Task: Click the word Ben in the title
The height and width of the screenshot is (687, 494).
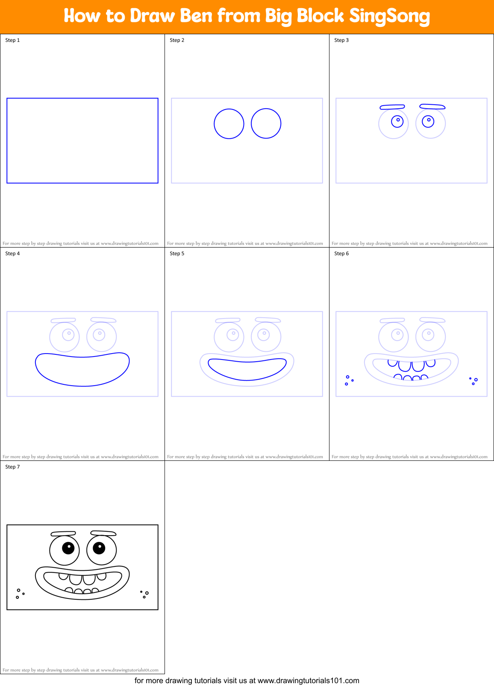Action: (196, 16)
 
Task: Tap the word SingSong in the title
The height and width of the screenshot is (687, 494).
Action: (389, 16)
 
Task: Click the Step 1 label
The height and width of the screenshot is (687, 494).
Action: (12, 40)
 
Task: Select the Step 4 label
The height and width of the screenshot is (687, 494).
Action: (12, 254)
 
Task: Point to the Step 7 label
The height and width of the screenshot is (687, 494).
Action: (12, 467)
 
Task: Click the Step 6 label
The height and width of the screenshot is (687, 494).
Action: (341, 254)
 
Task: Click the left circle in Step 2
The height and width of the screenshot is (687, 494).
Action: (229, 124)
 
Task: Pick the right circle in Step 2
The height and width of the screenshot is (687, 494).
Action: (266, 124)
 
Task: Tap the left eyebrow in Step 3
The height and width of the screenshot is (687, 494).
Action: (392, 107)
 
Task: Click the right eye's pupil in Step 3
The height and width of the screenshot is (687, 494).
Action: (428, 121)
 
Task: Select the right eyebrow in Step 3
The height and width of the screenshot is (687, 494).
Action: (432, 106)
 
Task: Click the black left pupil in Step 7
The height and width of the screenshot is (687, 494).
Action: (68, 548)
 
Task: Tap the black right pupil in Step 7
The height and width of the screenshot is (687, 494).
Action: (99, 548)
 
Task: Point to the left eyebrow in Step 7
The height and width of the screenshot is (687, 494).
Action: (63, 534)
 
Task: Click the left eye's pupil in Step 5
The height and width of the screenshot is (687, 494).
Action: (232, 334)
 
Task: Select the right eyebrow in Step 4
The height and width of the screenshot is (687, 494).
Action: (103, 320)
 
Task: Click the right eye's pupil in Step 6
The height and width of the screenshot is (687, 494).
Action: (428, 334)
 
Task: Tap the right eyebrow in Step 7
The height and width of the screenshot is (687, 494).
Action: (103, 533)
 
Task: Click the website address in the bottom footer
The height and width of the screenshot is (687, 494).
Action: (308, 681)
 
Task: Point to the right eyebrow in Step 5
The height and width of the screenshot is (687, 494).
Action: (268, 320)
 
